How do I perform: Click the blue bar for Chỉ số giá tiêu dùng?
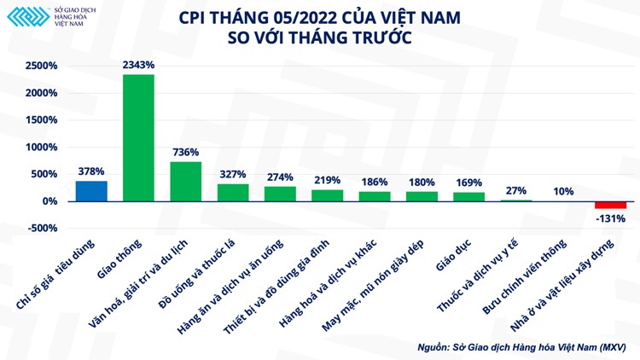click(91, 191)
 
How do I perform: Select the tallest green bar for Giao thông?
click(138, 137)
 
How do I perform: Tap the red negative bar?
click(610, 205)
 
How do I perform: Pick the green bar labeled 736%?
click(186, 181)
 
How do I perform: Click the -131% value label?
click(611, 218)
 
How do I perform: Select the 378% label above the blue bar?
click(91, 171)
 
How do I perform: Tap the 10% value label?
click(563, 191)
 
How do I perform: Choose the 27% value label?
click(515, 190)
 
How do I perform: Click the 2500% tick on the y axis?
click(40, 66)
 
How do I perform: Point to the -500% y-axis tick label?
click(40, 229)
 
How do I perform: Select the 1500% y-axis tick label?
click(40, 120)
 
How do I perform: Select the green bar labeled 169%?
click(468, 196)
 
